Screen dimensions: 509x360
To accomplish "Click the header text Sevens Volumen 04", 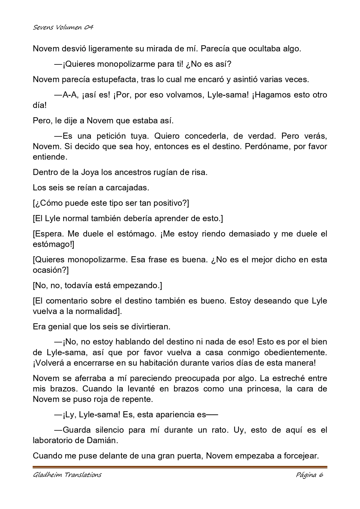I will point(63,28).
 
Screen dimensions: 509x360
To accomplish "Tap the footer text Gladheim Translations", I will point(67,475).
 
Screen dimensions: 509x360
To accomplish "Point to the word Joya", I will point(90,172).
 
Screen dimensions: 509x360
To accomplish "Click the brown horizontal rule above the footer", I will point(180,467).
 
